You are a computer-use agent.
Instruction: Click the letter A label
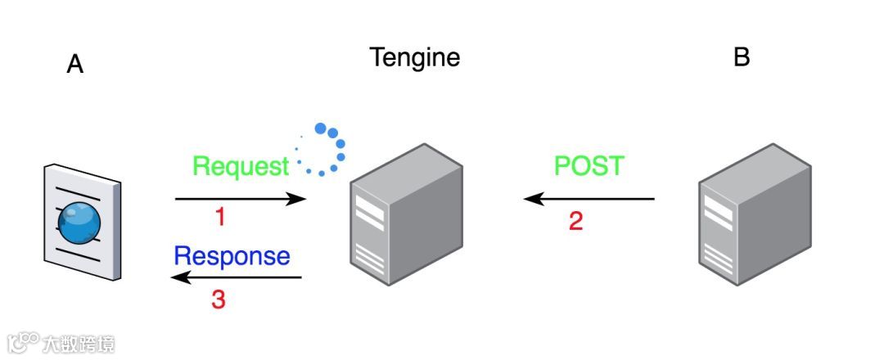click(x=75, y=65)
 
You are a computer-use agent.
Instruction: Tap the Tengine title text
click(x=414, y=57)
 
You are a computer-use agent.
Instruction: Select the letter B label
click(x=742, y=57)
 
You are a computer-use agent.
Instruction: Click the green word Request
click(x=241, y=167)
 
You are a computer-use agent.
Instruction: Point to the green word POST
click(x=589, y=166)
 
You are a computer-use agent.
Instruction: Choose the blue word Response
click(x=232, y=256)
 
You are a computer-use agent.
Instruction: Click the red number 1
click(x=219, y=217)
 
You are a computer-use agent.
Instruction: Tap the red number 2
click(x=575, y=221)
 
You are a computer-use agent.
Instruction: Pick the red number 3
click(x=219, y=299)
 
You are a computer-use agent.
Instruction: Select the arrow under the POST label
click(x=589, y=199)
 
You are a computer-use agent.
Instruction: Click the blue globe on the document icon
click(x=80, y=221)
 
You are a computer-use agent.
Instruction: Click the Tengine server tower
click(x=407, y=215)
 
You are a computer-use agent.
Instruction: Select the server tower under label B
click(x=755, y=215)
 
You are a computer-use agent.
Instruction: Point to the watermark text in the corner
click(x=61, y=343)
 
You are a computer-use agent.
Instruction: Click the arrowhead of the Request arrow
click(x=299, y=199)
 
